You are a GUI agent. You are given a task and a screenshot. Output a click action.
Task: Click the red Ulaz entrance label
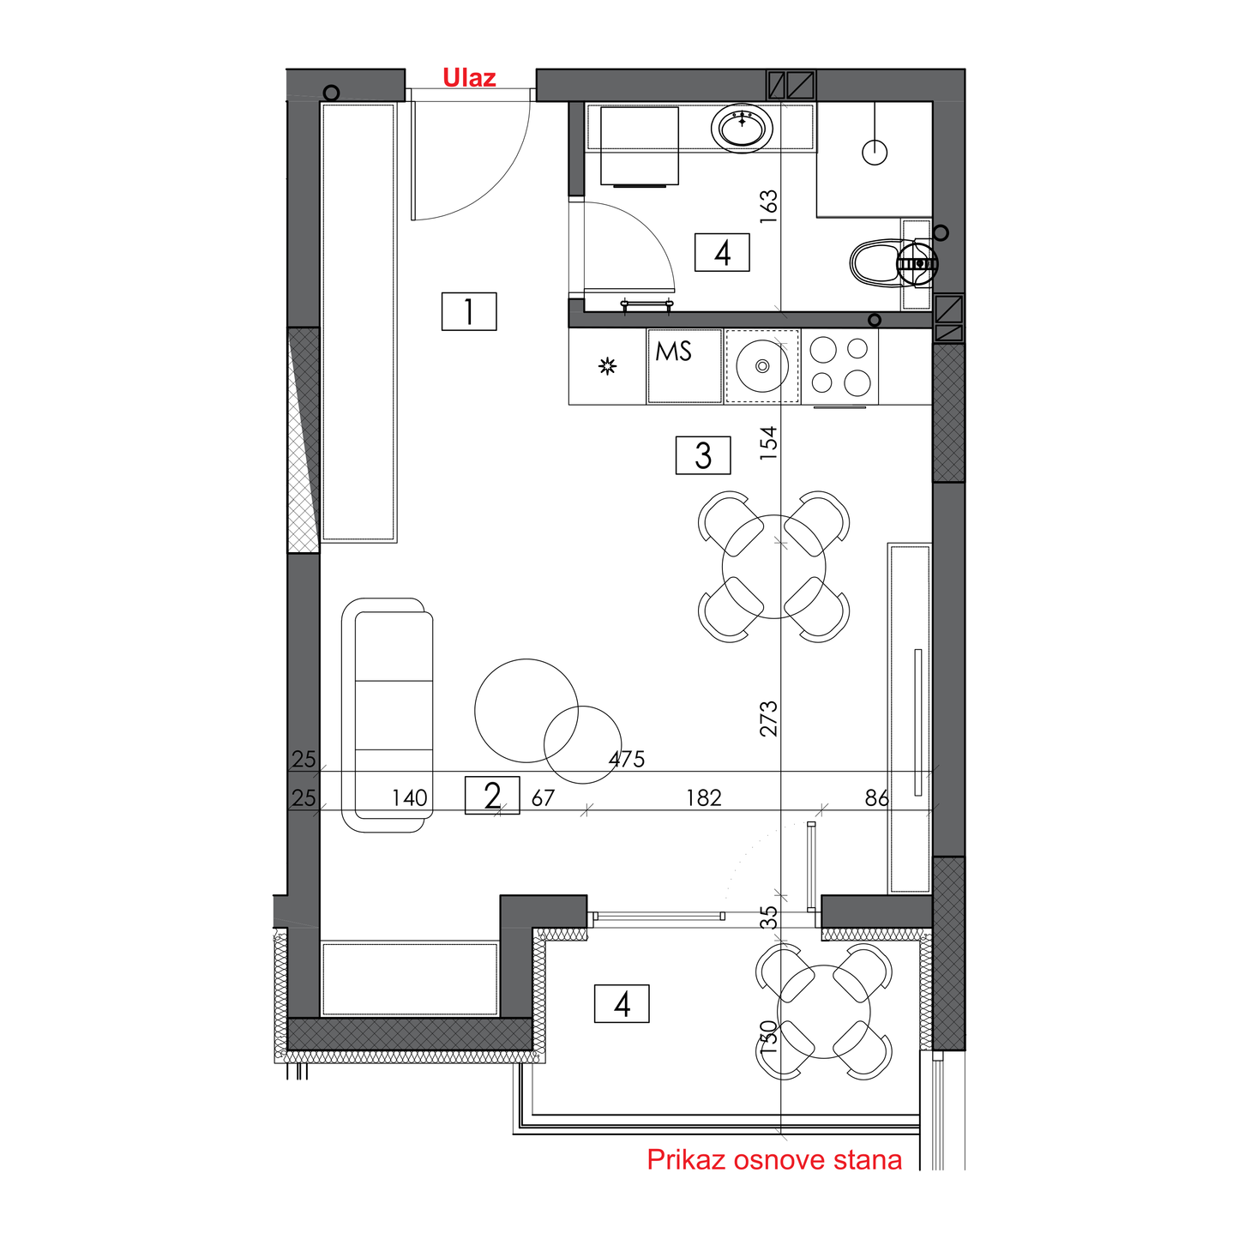tap(469, 78)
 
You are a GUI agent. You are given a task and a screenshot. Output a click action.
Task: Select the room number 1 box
tap(469, 311)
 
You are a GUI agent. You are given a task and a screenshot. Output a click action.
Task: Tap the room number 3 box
tap(703, 455)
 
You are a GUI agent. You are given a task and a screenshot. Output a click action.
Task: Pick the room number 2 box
tap(492, 796)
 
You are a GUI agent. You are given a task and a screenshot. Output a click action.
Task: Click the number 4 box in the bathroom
tap(722, 252)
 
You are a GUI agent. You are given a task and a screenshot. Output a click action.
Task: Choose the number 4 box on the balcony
tap(622, 1004)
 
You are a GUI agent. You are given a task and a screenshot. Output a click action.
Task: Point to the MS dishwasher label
tap(673, 351)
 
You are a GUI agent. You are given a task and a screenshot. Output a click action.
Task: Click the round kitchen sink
tap(762, 366)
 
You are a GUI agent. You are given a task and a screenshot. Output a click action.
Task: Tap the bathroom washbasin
tap(743, 128)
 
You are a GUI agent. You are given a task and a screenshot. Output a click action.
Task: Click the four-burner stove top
tap(839, 366)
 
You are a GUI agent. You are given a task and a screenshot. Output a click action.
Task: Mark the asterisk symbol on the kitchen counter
tap(608, 366)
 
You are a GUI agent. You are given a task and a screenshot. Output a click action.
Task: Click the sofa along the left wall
tap(387, 715)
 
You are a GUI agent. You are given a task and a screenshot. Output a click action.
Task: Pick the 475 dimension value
tap(626, 760)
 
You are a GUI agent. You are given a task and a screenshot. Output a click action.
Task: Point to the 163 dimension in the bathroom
tap(769, 207)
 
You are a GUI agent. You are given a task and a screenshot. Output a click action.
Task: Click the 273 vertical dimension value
tap(769, 719)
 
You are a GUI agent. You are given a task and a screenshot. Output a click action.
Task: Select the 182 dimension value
tap(704, 798)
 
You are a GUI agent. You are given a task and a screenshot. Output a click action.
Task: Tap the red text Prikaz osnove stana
tap(774, 1159)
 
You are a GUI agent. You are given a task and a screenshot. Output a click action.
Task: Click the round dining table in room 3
tap(774, 567)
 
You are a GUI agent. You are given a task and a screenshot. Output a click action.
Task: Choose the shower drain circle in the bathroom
tap(875, 153)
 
